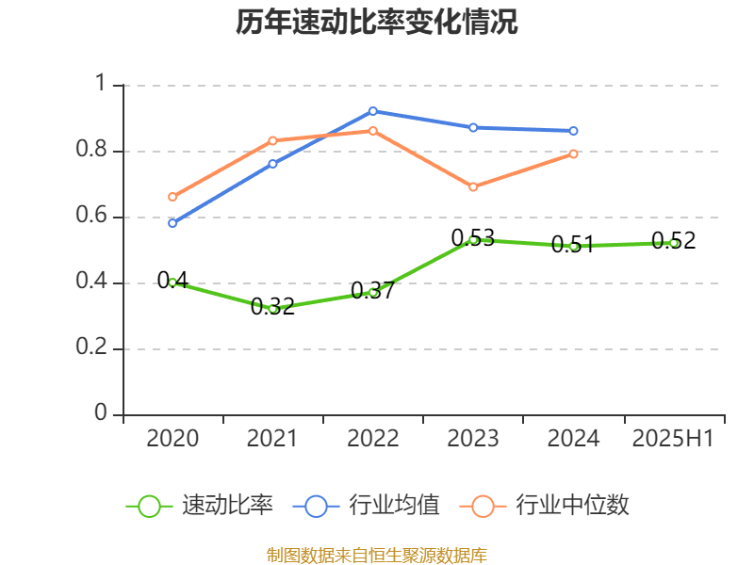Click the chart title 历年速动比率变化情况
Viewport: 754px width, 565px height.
coord(377,23)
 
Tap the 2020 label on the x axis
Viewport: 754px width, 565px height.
coord(172,439)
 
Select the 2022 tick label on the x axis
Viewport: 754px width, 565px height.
coord(373,439)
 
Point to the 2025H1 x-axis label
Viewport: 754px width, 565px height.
coord(673,439)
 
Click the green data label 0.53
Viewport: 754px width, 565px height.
coord(473,238)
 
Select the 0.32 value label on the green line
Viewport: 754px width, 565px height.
coord(272,307)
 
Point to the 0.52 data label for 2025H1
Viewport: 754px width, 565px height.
coord(674,241)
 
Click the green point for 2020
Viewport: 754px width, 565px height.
coord(172,282)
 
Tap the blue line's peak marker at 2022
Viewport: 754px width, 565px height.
coord(373,111)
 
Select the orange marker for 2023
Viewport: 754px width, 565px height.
coord(473,186)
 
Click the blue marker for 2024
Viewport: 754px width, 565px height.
coord(573,131)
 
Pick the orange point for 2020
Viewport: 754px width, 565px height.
coord(172,197)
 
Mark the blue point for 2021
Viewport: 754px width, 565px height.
coord(272,164)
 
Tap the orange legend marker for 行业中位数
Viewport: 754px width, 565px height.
coord(483,506)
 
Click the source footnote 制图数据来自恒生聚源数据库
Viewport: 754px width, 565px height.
coord(377,555)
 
